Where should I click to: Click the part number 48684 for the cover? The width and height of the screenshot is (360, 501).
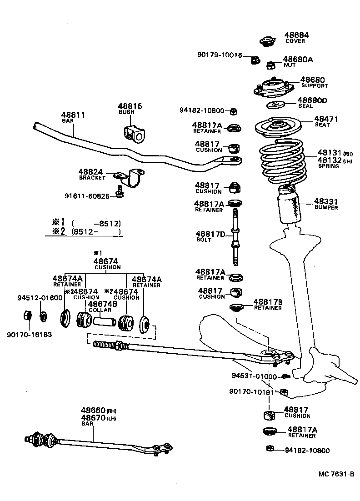297,35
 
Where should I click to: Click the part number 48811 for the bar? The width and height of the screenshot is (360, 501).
73,115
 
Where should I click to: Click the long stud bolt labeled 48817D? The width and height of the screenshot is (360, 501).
235,236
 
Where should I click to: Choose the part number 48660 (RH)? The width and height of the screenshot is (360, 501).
94,410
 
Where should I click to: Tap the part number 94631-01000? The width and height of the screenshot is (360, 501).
254,376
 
